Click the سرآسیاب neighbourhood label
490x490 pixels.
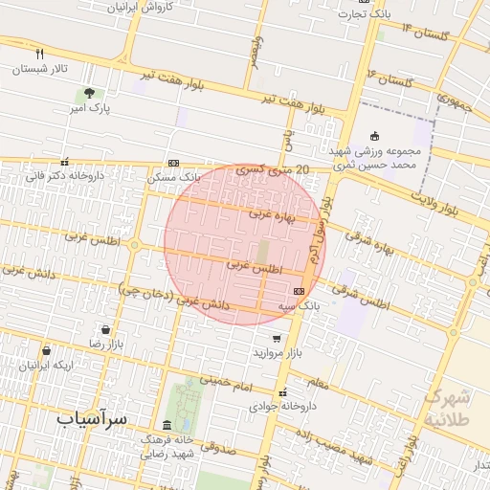point(93,418)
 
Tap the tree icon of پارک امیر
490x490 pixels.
point(88,94)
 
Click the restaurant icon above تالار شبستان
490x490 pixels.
point(39,54)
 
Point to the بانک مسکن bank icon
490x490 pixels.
point(173,163)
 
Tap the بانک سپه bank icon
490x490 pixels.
point(300,291)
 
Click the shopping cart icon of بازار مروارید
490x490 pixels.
point(277,339)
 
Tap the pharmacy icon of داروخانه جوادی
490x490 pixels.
point(281,392)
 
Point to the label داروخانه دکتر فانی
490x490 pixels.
point(63,176)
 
